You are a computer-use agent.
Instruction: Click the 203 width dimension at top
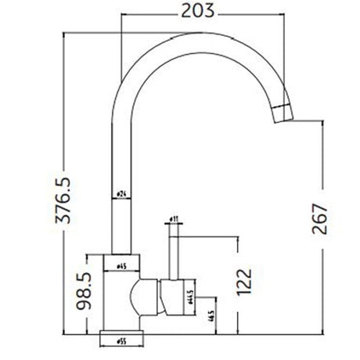click(195, 12)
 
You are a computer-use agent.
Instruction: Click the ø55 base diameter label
click(122, 341)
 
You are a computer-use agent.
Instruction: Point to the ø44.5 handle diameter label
click(191, 298)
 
